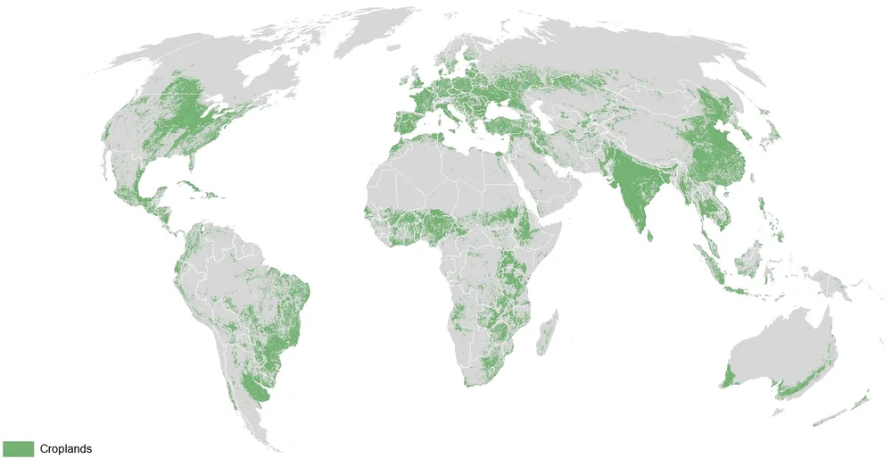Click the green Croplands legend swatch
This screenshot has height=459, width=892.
point(18,448)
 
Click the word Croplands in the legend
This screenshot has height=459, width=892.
point(65,449)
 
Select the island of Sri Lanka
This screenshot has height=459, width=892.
point(650,235)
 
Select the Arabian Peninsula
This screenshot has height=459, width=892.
point(544,183)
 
